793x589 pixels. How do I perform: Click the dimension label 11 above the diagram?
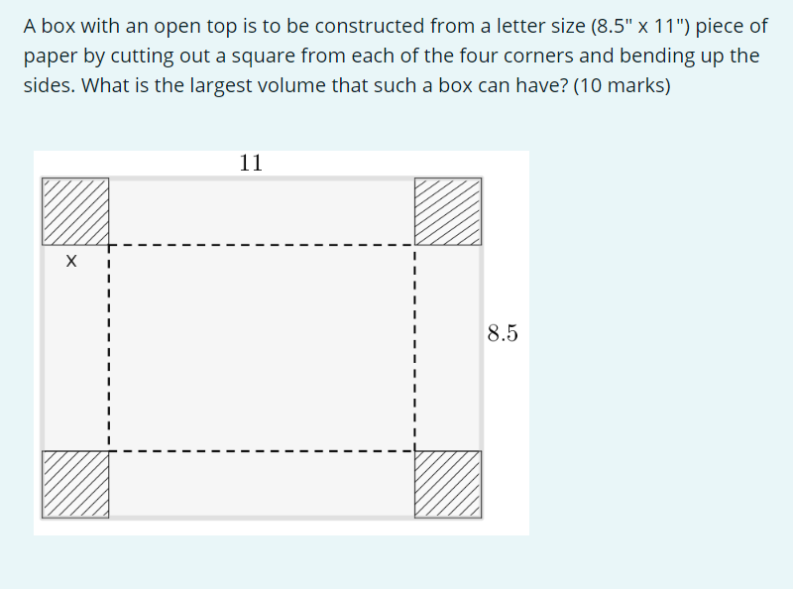(x=251, y=163)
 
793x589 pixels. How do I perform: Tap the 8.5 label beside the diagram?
(x=503, y=333)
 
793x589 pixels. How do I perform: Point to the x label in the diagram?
(x=70, y=263)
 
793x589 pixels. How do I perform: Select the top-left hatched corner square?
(x=75, y=211)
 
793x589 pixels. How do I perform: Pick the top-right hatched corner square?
(x=448, y=211)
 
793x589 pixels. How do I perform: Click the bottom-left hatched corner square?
(x=75, y=484)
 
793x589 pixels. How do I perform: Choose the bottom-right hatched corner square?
(x=448, y=484)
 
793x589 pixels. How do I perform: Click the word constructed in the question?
(x=317, y=26)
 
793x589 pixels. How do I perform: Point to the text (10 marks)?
(x=622, y=85)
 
